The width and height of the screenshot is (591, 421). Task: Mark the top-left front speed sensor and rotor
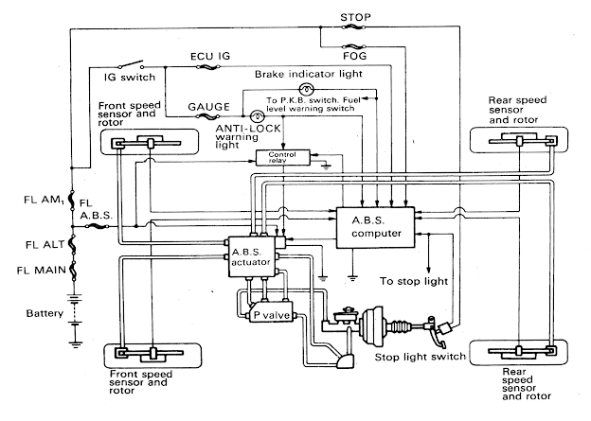point(151,143)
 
